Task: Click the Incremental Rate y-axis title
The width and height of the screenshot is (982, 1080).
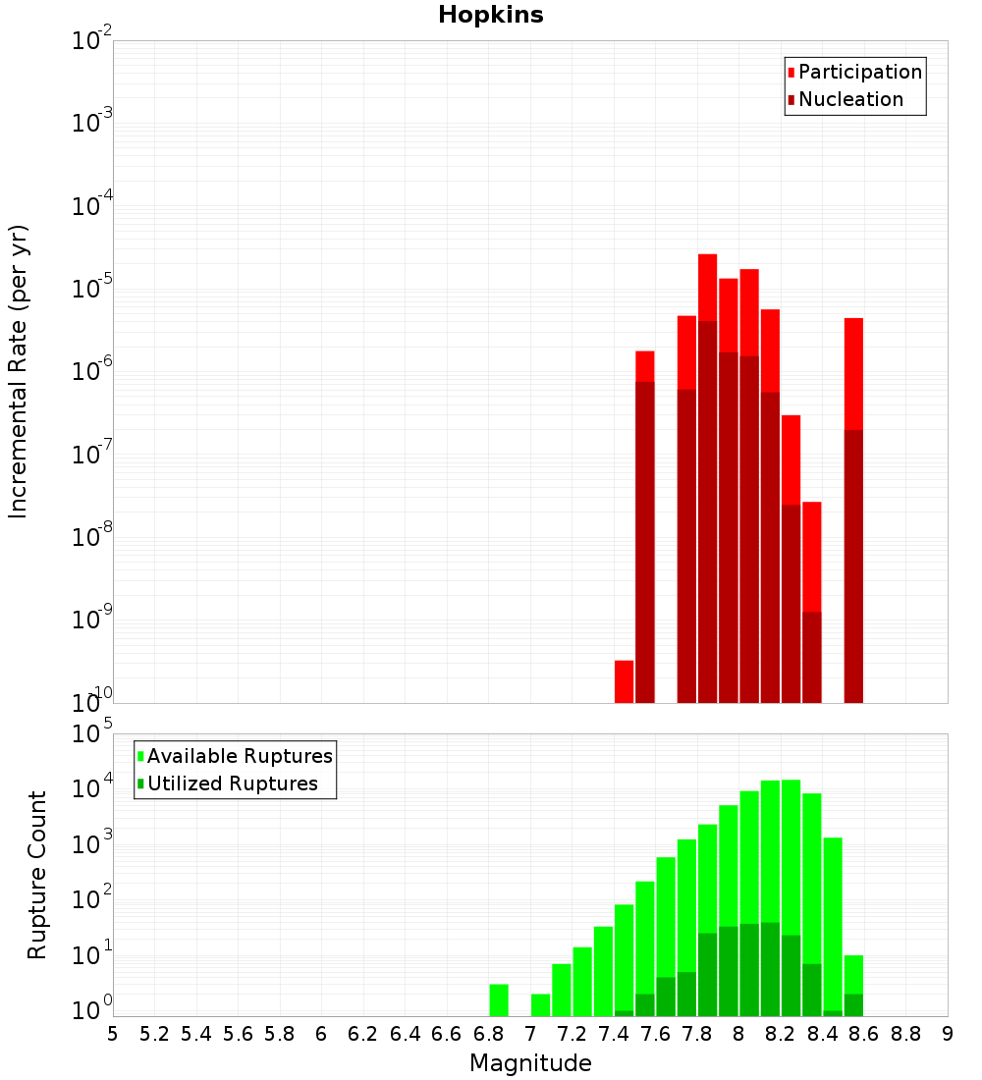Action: coord(19,371)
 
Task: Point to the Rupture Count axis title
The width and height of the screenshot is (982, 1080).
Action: coord(37,875)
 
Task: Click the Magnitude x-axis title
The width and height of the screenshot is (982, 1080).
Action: coord(530,1063)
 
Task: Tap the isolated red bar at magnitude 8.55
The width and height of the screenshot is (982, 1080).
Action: coord(853,373)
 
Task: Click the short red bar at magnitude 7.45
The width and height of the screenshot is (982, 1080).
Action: coord(624,681)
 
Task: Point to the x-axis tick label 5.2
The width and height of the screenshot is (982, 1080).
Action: coord(155,1034)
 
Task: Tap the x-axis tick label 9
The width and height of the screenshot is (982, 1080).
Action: coord(948,1034)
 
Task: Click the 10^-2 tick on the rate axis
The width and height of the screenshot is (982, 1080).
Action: coord(91,41)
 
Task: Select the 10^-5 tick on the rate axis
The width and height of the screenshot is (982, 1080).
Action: coord(91,290)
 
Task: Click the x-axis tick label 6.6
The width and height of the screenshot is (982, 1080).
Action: coord(447,1034)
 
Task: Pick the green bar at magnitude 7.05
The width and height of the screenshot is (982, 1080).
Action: coord(540,1005)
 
